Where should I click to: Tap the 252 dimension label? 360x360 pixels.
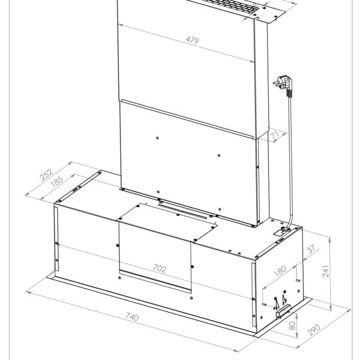tap(46, 175)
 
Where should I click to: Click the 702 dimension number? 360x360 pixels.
tap(160, 269)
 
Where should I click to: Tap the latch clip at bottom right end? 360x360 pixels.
tap(284, 312)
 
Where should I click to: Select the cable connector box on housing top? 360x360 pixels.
tap(280, 230)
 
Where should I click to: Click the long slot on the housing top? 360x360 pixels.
tap(186, 210)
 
